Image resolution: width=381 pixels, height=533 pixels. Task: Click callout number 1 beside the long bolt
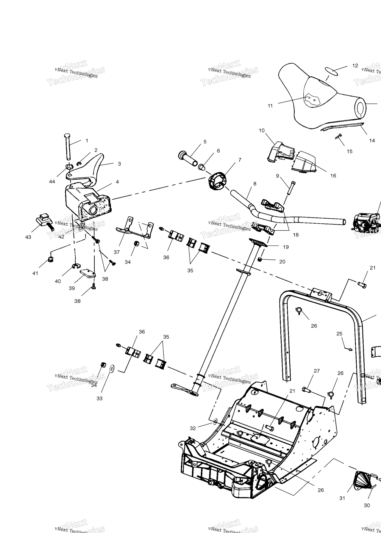[x=87, y=140]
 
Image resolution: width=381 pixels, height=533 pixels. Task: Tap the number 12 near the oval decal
[x=355, y=65]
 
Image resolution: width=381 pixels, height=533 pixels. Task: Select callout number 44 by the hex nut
[x=52, y=181]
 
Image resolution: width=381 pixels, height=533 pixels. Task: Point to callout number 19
[x=286, y=247]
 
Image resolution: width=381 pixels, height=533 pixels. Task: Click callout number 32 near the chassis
[x=193, y=428]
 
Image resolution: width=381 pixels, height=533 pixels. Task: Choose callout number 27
[x=317, y=371]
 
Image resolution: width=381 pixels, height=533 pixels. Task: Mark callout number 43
[x=28, y=237]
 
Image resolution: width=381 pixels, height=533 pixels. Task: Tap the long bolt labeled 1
[x=67, y=147]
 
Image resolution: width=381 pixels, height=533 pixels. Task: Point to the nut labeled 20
[x=260, y=260]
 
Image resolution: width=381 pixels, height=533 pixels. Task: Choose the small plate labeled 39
[x=88, y=273]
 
